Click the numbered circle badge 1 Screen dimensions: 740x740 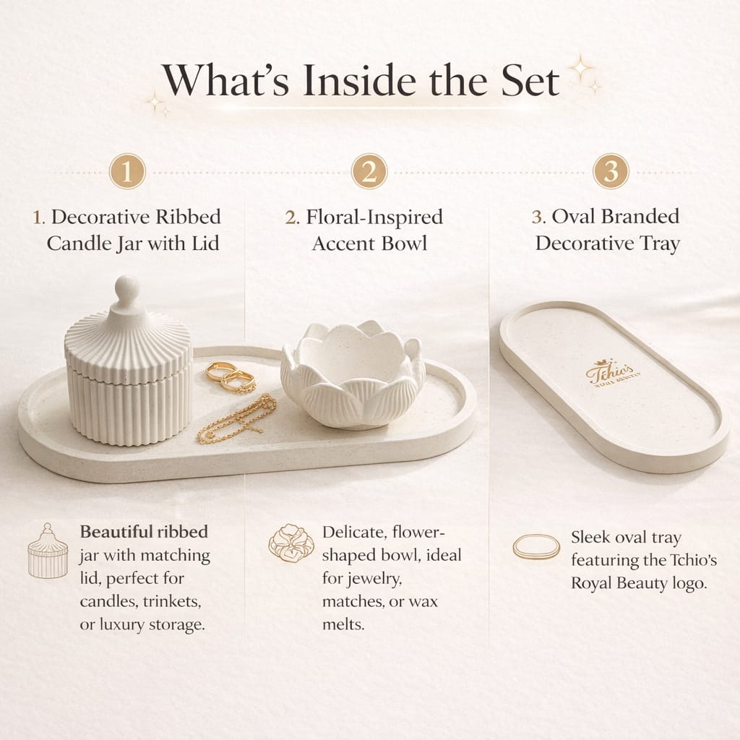pyautogui.click(x=128, y=172)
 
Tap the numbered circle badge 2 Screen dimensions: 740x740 pyautogui.click(x=369, y=172)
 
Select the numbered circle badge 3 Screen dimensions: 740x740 pyautogui.click(x=611, y=172)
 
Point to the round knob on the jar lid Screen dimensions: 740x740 pyautogui.click(x=128, y=285)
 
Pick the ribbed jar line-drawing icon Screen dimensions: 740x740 pyautogui.click(x=47, y=551)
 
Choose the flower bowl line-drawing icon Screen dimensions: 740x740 pyautogui.click(x=291, y=543)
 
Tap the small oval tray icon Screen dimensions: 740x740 pyautogui.click(x=536, y=546)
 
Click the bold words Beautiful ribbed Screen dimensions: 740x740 pyautogui.click(x=144, y=533)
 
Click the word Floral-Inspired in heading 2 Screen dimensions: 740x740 pyautogui.click(x=374, y=217)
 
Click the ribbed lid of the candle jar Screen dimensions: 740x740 pyautogui.click(x=128, y=343)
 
